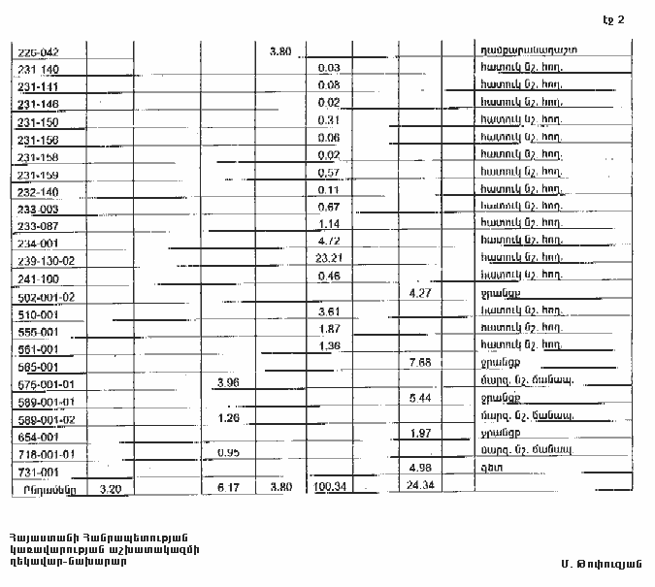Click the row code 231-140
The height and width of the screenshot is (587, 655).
[x=38, y=69]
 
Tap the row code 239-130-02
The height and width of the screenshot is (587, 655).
[x=46, y=261]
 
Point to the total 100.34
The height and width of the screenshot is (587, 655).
[x=330, y=489]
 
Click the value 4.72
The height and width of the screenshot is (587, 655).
[x=329, y=242]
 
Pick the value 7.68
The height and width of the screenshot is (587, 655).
[x=420, y=364]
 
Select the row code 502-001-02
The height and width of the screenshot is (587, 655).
[x=46, y=297]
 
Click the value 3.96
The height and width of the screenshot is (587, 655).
[x=228, y=383]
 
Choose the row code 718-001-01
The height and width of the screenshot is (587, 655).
[x=46, y=453]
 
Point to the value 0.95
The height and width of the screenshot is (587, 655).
[x=228, y=452]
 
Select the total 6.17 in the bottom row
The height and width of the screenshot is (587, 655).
[x=228, y=489]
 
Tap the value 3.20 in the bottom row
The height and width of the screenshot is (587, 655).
[x=111, y=489]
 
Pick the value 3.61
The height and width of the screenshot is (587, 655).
[x=329, y=311]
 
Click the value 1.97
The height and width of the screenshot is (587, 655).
[x=420, y=434]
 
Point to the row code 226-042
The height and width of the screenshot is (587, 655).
[x=39, y=51]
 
